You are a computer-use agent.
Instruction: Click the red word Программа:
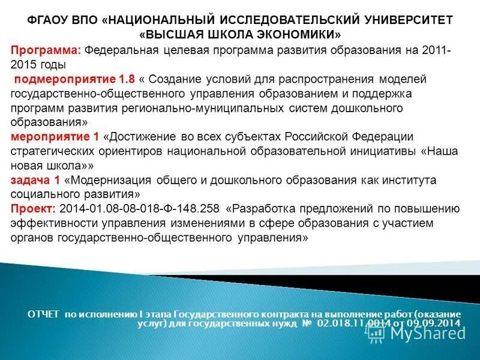point(46,50)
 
